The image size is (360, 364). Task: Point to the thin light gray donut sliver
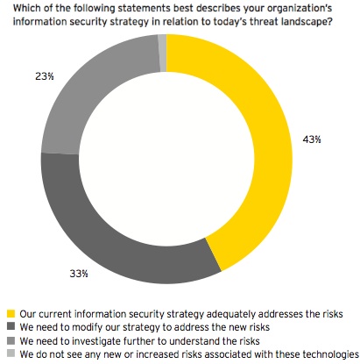click(x=162, y=41)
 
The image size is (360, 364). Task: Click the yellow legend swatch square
click(x=11, y=313)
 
